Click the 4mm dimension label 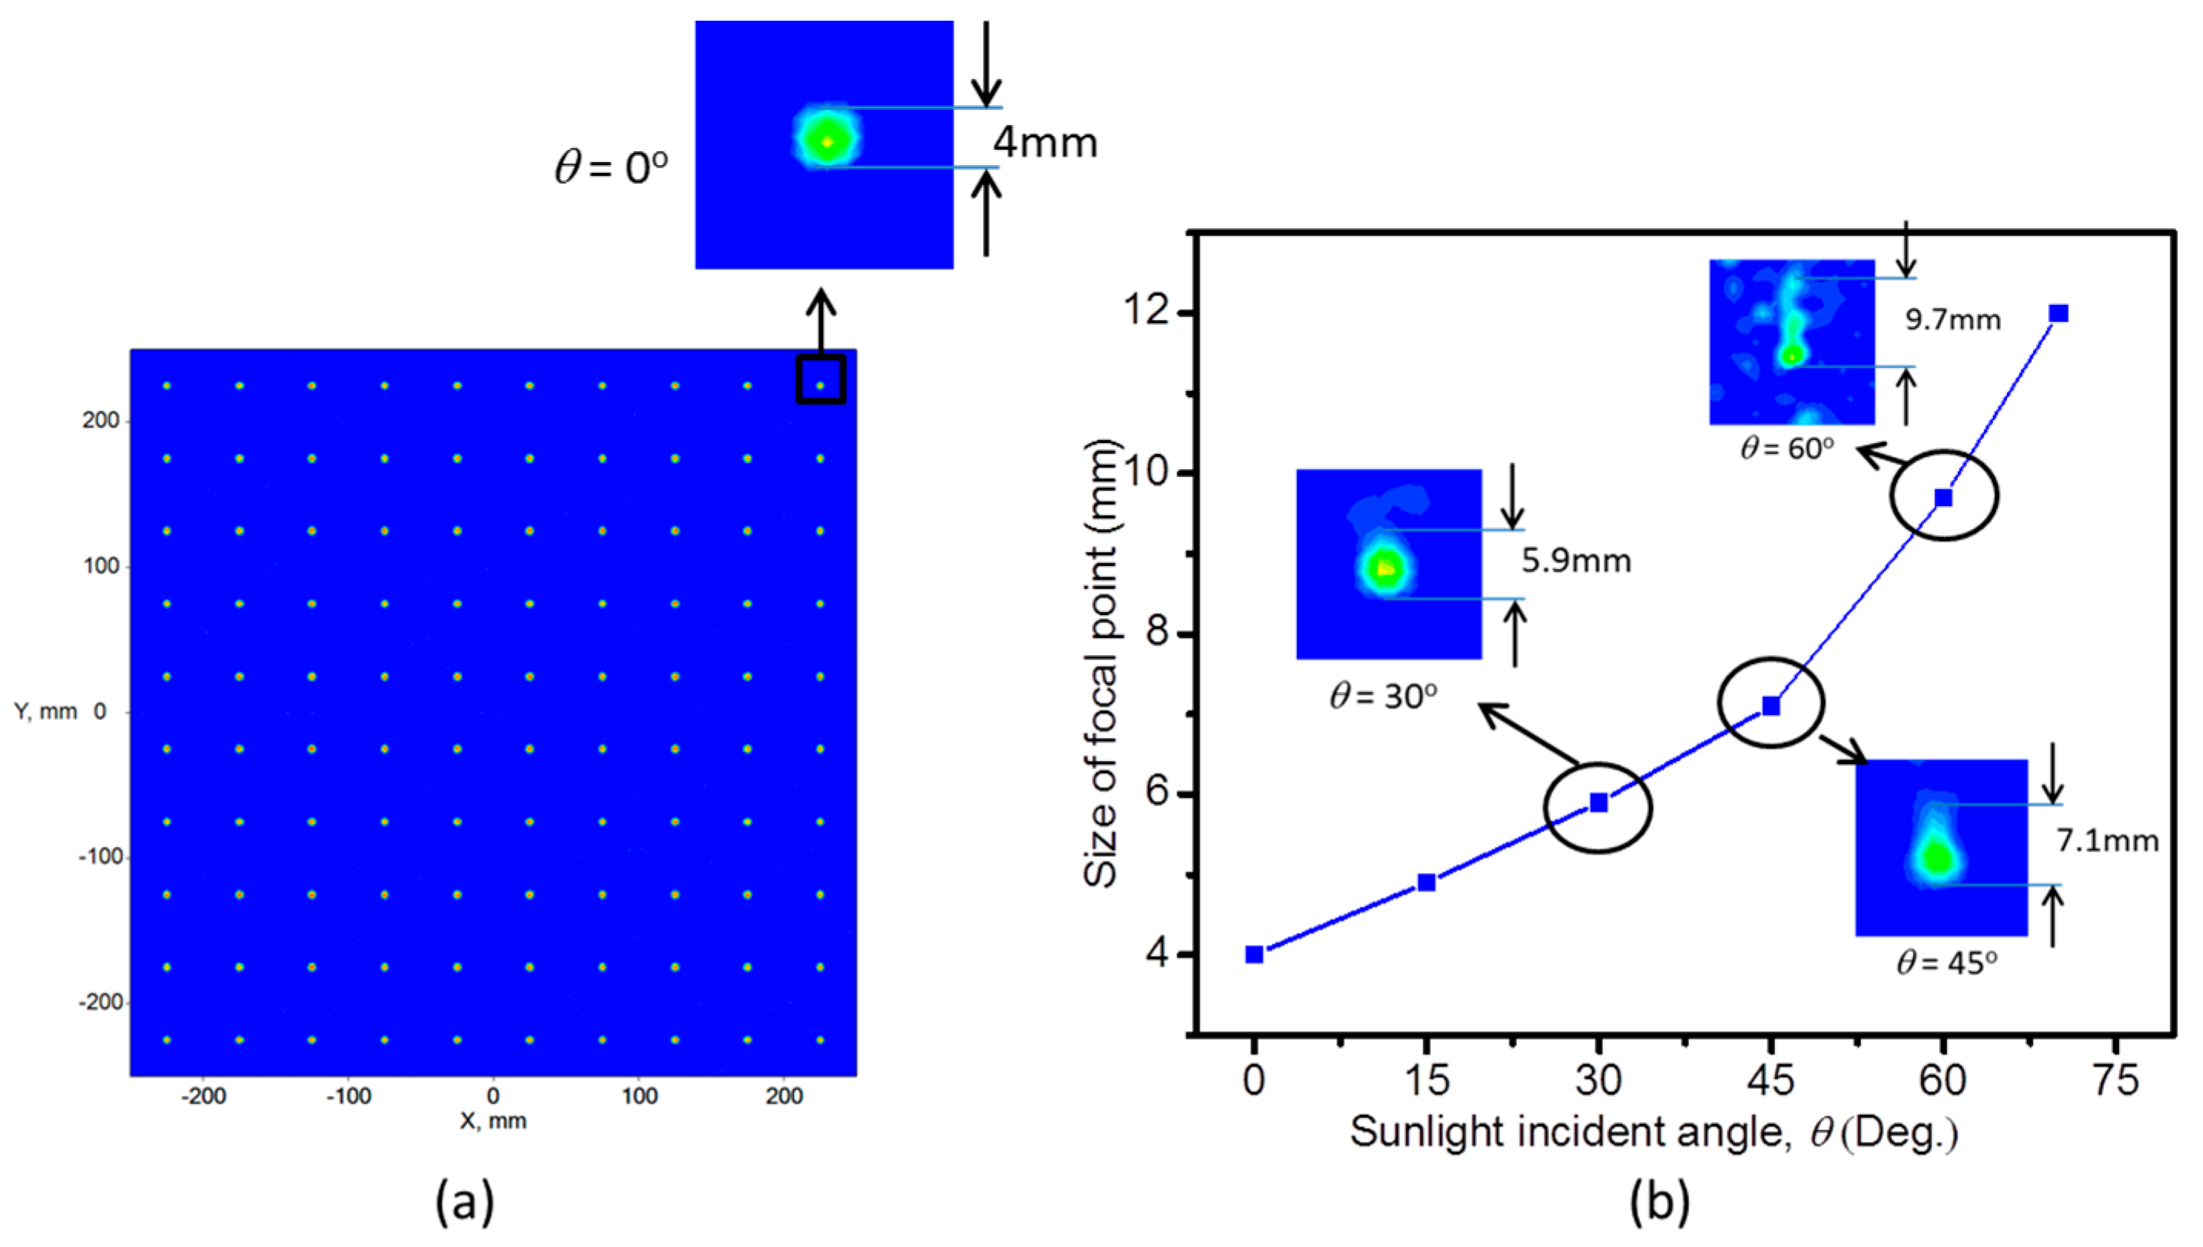(x=1044, y=142)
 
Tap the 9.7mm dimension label (x=1952, y=320)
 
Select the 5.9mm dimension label (x=1576, y=561)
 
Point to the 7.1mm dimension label (x=2107, y=841)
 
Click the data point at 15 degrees (x=1426, y=882)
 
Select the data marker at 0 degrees (x=1253, y=954)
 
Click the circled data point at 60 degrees (x=1943, y=498)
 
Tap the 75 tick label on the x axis (x=2115, y=1080)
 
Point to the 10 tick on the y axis (x=1146, y=473)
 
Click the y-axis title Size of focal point (x=1102, y=663)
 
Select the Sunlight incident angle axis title (x=1654, y=1133)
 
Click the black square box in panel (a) (x=821, y=379)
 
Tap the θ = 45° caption (x=1947, y=964)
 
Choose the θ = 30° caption (x=1383, y=696)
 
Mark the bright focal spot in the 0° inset (x=827, y=141)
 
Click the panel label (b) (x=1660, y=1201)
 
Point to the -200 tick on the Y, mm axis (x=101, y=1002)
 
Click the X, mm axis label (x=493, y=1121)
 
